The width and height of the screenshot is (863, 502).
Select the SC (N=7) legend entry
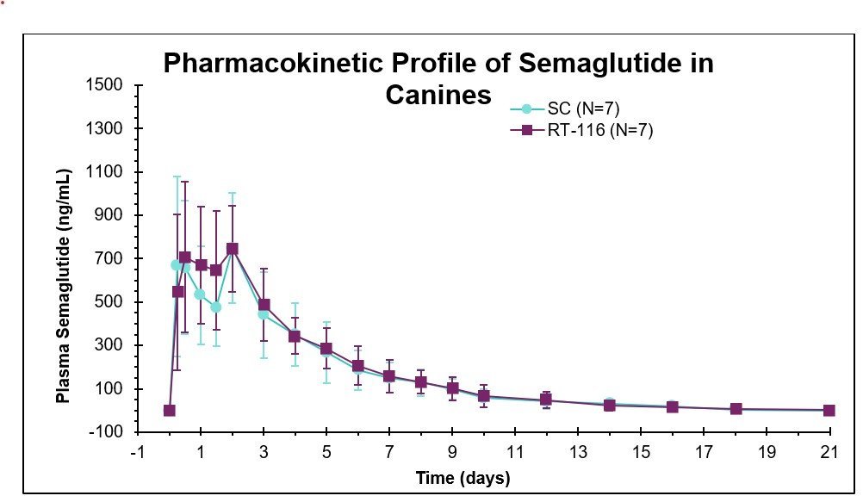tap(583, 108)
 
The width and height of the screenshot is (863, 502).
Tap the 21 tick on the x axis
tap(829, 453)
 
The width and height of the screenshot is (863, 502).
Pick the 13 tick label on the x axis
tap(578, 453)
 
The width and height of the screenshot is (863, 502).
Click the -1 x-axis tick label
tap(136, 453)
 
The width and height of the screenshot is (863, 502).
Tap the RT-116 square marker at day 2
tap(232, 249)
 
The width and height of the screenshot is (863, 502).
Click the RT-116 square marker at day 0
tap(170, 411)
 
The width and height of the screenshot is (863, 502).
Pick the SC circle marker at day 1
tap(200, 294)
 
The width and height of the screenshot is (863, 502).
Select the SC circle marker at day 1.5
tap(216, 307)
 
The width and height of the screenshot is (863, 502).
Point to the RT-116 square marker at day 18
tap(736, 409)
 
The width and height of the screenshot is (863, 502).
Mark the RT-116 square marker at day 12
tap(546, 400)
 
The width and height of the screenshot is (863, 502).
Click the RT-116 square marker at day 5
tap(326, 349)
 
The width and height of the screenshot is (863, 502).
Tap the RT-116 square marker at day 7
tap(389, 376)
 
